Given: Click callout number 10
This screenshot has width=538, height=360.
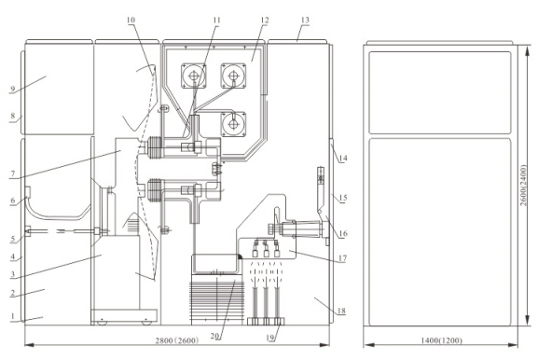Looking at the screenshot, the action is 131,20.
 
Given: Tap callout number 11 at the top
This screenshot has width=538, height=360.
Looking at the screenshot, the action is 216,21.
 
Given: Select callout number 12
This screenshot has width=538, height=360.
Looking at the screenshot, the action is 264,21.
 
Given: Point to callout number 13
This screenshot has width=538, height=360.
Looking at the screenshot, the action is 305,20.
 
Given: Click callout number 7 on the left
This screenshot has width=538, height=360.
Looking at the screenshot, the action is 13,173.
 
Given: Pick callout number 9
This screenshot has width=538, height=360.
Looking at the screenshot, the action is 13,90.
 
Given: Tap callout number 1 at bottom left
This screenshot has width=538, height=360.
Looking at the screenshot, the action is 12,316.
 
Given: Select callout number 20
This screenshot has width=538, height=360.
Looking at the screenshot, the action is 214,337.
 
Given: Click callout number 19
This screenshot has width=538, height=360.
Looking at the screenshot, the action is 270,338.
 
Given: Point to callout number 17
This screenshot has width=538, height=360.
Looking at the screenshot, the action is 342,258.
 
